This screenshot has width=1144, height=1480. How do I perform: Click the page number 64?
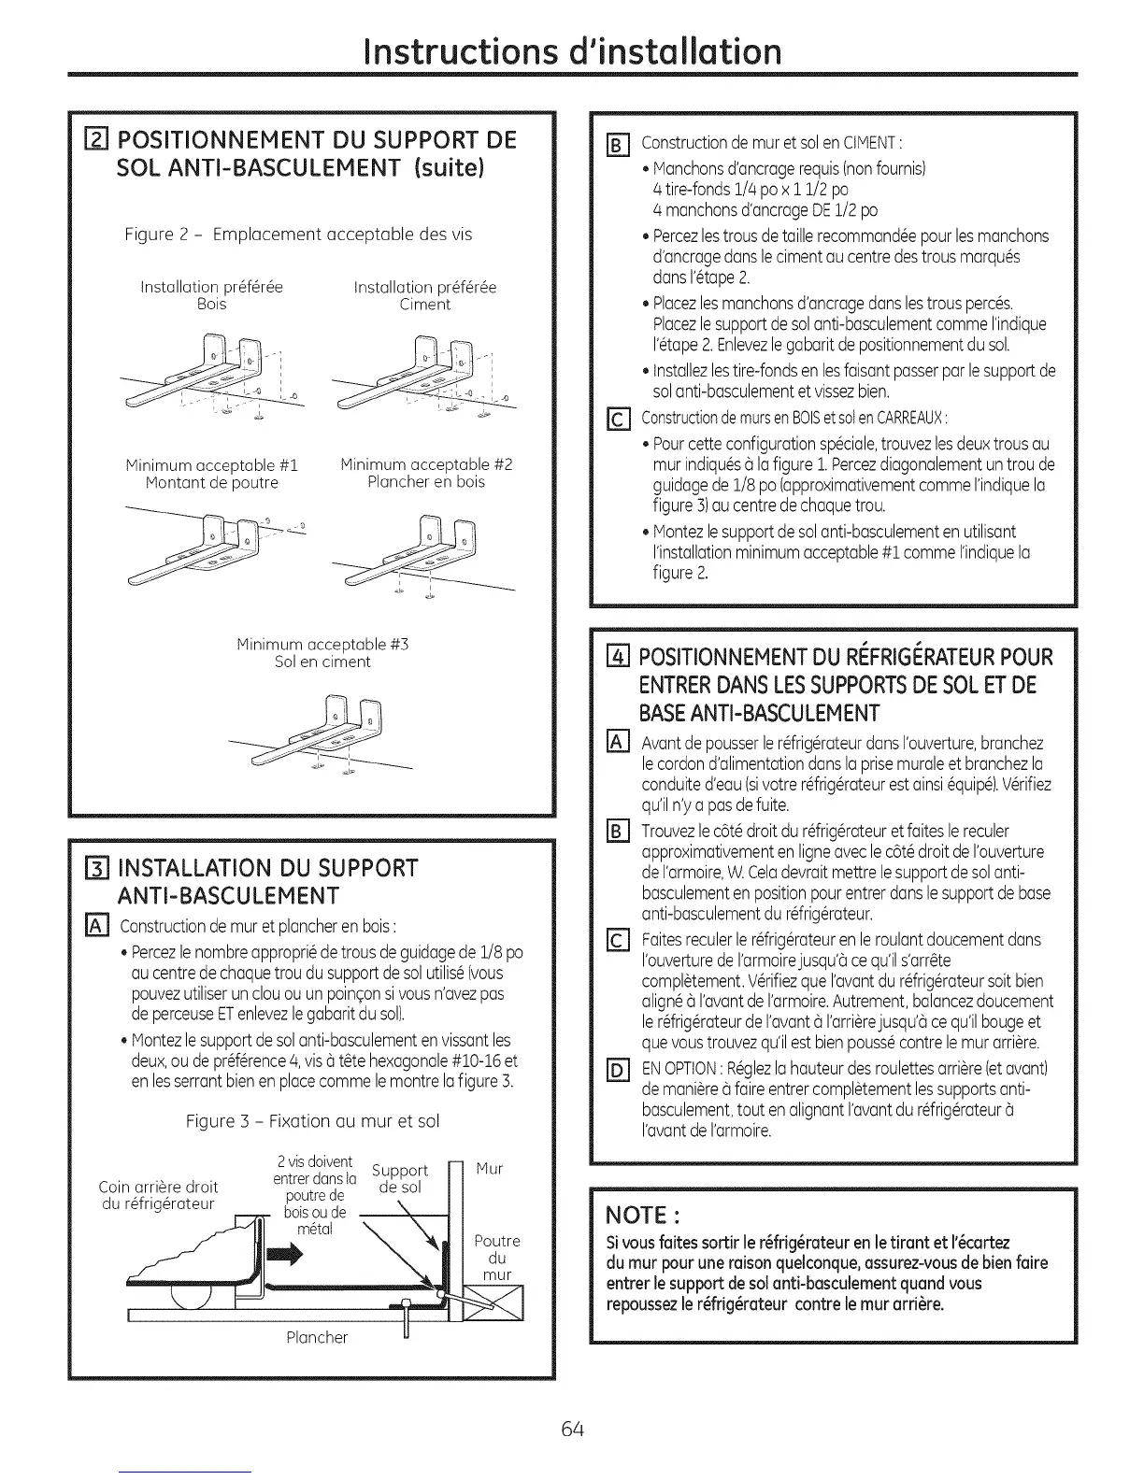[x=573, y=1429]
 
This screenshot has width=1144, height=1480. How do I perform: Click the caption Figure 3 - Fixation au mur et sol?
[x=312, y=1120]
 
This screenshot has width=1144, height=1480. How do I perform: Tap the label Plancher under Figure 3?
[x=317, y=1337]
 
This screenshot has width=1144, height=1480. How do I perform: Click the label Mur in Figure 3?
[x=489, y=1168]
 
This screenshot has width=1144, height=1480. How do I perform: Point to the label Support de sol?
[x=400, y=1178]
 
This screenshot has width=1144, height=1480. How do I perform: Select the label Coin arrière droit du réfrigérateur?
[x=158, y=1195]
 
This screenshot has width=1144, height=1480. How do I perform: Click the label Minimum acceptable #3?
[x=322, y=644]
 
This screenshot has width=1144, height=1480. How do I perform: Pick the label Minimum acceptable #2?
[x=426, y=464]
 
